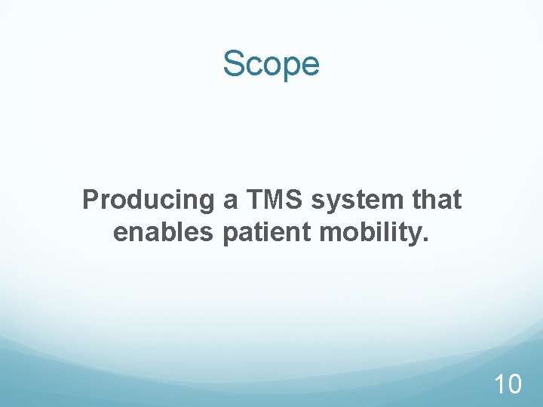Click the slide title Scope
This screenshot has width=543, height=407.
pyautogui.click(x=271, y=65)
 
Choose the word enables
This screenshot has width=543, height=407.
pyautogui.click(x=164, y=232)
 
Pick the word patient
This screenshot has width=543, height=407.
pyautogui.click(x=268, y=233)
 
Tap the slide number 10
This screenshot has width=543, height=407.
pyautogui.click(x=507, y=385)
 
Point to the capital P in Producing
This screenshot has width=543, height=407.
pyautogui.click(x=90, y=200)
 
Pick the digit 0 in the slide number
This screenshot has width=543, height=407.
pyautogui.click(x=513, y=385)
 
